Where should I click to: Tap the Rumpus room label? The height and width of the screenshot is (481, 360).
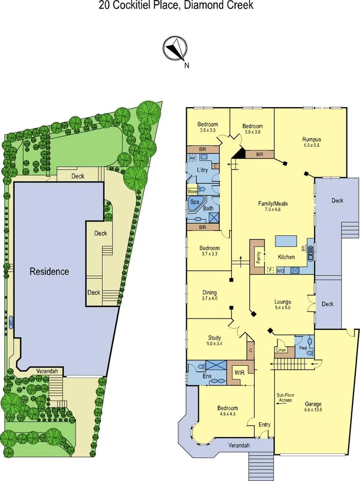pyautogui.click(x=312, y=139)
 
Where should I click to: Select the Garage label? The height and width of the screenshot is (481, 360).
pyautogui.click(x=313, y=404)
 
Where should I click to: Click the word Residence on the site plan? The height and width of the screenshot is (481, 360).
pyautogui.click(x=49, y=271)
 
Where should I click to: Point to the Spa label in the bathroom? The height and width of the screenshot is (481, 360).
pyautogui.click(x=194, y=201)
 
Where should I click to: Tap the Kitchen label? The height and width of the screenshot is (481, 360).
pyautogui.click(x=287, y=257)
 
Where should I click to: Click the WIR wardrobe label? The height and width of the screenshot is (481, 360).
pyautogui.click(x=239, y=372)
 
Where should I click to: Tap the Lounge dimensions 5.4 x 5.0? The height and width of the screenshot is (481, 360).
pyautogui.click(x=282, y=308)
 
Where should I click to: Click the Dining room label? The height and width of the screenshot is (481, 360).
pyautogui.click(x=209, y=292)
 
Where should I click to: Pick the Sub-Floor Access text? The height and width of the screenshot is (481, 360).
pyautogui.click(x=285, y=398)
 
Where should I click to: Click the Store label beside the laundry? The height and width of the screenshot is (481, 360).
pyautogui.click(x=192, y=191)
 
